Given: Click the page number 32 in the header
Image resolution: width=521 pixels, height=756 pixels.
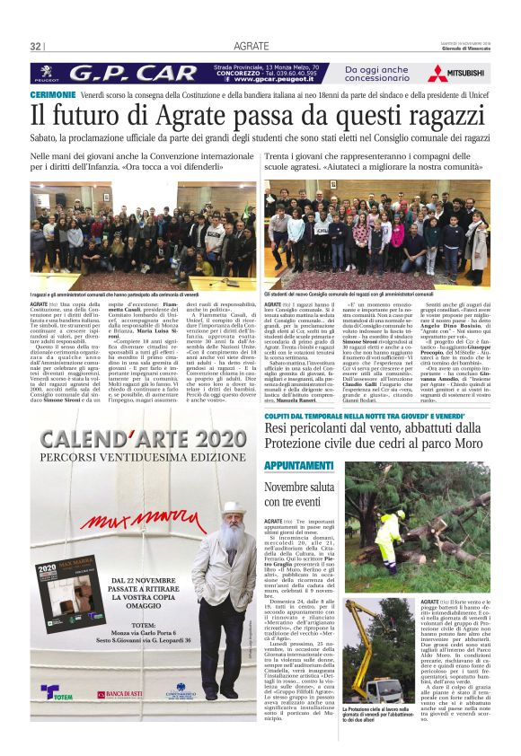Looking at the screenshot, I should click(x=36, y=46).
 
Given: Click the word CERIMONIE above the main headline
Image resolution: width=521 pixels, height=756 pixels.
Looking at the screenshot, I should click(x=53, y=94).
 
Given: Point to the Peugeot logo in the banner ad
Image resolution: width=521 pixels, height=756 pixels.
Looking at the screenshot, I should click(x=47, y=73).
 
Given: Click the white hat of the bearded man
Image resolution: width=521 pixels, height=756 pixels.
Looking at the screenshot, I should click(x=232, y=508).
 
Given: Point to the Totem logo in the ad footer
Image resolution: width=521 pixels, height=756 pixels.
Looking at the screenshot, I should click(x=52, y=692).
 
